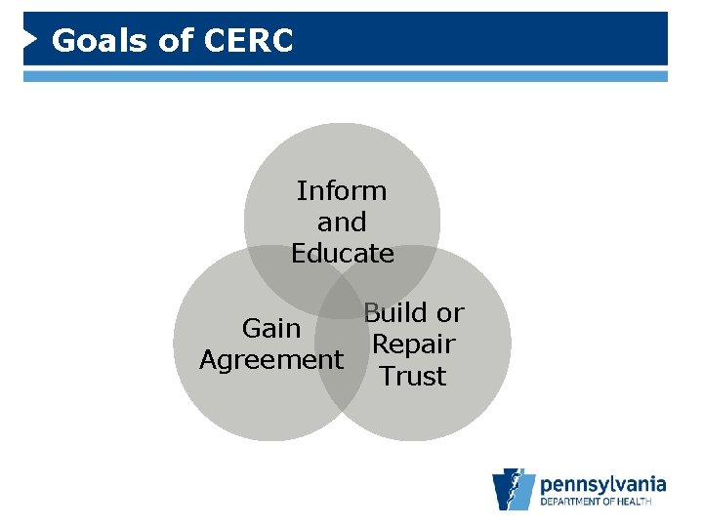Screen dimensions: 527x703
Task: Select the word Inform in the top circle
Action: coord(342,190)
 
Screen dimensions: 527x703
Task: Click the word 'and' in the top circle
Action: coord(342,223)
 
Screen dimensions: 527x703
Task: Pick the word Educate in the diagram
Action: coord(342,254)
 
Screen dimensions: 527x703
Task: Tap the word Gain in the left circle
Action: coord(271,329)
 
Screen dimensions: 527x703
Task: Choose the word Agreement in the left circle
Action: coord(271,360)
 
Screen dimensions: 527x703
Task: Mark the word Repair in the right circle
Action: coord(414,345)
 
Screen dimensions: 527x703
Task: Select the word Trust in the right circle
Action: coord(413,376)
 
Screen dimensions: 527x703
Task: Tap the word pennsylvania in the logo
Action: coord(602,483)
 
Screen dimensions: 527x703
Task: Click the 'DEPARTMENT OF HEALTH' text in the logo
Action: coord(602,504)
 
